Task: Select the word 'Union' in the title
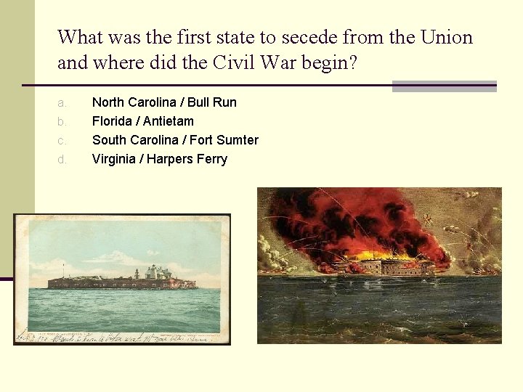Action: tap(446, 37)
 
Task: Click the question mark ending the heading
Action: tap(353, 63)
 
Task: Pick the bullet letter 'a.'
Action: tap(62, 102)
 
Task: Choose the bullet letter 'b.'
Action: tap(62, 121)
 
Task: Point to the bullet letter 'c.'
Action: tap(62, 140)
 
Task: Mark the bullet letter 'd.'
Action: tap(62, 159)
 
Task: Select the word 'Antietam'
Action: tap(169, 121)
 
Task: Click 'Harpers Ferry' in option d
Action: tap(187, 159)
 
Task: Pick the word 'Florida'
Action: tap(112, 121)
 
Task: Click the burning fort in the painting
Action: tap(393, 266)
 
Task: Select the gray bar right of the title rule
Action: tap(444, 86)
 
